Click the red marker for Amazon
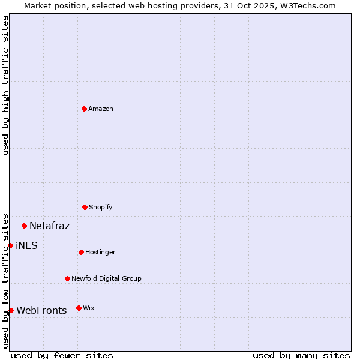point(84,109)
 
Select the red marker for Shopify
point(85,207)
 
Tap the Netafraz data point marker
point(25,226)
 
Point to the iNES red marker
point(10,245)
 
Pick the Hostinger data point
point(81,252)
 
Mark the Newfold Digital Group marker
point(67,278)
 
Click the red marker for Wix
point(79,308)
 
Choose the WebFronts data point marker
point(11,310)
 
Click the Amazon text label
point(101,109)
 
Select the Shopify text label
point(101,207)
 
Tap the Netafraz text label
point(49,226)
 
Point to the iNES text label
point(26,245)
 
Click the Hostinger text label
point(100,252)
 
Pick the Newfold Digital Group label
point(106,278)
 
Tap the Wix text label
point(89,308)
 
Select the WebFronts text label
point(41,310)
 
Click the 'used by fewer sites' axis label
point(62,355)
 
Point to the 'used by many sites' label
point(301,355)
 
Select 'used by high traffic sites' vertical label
point(5,85)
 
